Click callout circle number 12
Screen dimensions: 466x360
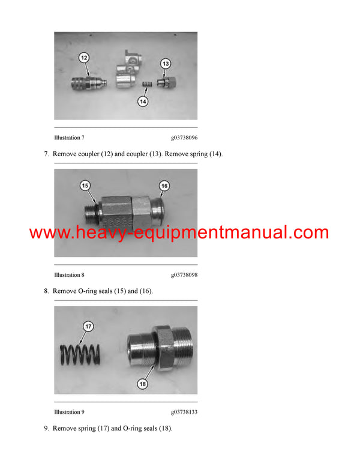pyautogui.click(x=84, y=58)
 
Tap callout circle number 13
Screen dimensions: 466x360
pyautogui.click(x=166, y=63)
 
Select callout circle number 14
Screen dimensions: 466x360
pyautogui.click(x=143, y=102)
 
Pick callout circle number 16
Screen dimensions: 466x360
pyautogui.click(x=164, y=186)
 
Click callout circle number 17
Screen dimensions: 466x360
pyautogui.click(x=88, y=327)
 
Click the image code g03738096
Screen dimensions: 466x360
pyautogui.click(x=184, y=138)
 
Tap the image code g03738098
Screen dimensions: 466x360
pyautogui.click(x=184, y=275)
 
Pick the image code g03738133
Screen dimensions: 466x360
pyautogui.click(x=184, y=412)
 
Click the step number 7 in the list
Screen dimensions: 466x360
pyautogui.click(x=46, y=154)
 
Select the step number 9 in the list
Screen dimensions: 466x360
pyautogui.click(x=46, y=429)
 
